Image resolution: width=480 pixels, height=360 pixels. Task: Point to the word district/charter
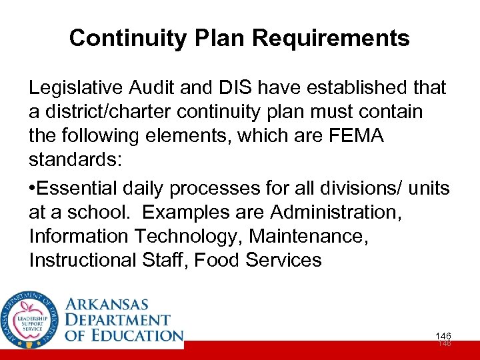(x=109, y=111)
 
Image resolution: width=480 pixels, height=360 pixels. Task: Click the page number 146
(x=443, y=336)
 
